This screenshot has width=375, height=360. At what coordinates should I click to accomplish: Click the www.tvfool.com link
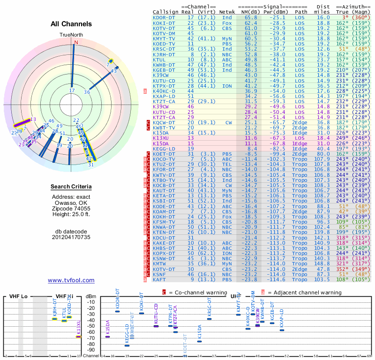pos(71,280)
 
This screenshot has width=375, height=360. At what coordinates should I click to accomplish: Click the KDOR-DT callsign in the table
pos(165,17)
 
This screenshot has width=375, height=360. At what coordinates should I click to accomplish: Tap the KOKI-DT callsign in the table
pos(165,22)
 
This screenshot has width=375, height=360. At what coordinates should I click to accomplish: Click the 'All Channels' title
pos(71,23)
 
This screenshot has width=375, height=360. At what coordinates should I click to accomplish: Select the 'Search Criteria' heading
pos(71,187)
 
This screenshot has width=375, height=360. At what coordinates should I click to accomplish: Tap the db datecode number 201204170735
pos(71,237)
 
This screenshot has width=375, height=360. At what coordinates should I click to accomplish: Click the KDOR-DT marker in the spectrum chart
pos(117,311)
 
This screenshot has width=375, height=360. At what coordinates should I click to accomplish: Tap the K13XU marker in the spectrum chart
pos(79,336)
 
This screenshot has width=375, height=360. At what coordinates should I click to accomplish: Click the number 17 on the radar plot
pos(72,90)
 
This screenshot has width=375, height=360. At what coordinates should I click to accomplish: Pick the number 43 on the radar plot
pos(114,71)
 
